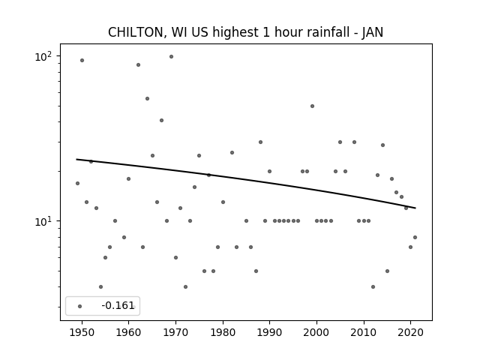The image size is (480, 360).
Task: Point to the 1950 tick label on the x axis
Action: pos(82,332)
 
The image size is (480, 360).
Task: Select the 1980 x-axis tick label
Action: pos(223,332)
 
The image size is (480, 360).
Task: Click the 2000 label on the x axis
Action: pos(316,332)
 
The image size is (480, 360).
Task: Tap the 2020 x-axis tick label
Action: pos(410,332)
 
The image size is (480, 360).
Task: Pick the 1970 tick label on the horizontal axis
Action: pos(175,332)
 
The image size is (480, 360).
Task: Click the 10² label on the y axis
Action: pos(43,56)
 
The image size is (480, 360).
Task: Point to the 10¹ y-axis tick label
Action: pos(43,221)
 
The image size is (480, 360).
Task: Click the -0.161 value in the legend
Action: pos(118,305)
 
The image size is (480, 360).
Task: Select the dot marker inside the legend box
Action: pos(80,306)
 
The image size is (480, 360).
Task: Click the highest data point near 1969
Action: pos(171,57)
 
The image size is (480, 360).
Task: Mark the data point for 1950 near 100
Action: pos(82,60)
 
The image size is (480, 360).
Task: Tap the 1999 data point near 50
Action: pos(312,106)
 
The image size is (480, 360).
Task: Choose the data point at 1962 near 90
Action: pos(138,65)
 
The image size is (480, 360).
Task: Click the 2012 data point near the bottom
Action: pos(373,286)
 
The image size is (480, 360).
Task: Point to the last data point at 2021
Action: pos(415,237)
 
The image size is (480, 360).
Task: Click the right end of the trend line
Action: pos(415,208)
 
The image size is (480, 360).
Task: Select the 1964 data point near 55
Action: pos(147,98)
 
